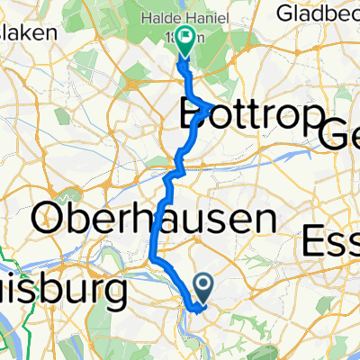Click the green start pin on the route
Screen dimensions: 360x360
186,40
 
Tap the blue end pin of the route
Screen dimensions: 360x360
203,287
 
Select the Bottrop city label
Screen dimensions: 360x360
252,115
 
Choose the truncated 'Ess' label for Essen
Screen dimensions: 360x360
329,241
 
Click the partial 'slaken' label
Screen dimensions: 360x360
27,31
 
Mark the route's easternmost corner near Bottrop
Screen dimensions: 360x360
212,106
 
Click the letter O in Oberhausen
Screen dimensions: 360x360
51,218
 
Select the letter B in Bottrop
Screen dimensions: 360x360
195,115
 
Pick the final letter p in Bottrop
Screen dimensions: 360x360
311,119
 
